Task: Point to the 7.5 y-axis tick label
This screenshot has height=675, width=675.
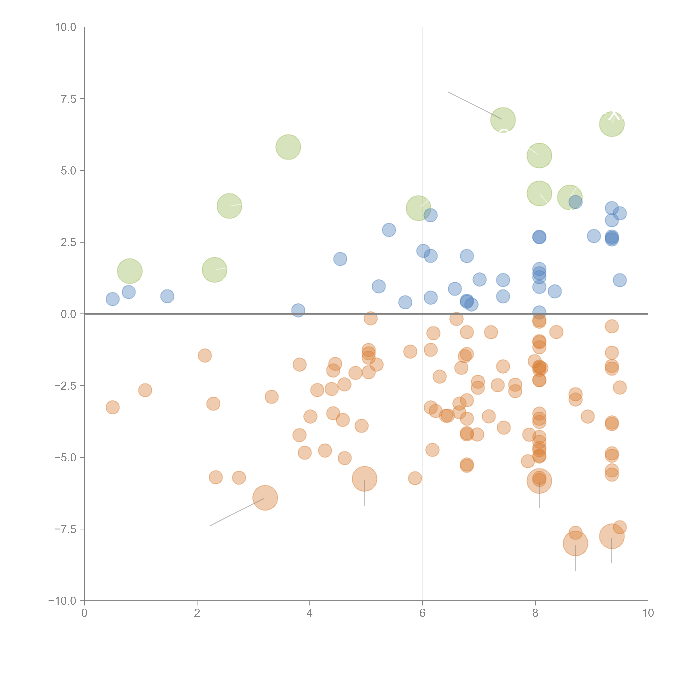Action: pos(68,99)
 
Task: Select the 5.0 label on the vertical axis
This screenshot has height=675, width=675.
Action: pos(68,171)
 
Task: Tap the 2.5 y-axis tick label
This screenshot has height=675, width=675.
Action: pos(68,242)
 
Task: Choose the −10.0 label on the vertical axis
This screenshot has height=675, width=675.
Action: pos(62,601)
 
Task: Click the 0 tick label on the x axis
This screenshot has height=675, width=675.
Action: pos(84,613)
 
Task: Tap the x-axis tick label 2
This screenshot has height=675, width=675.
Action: pos(197,613)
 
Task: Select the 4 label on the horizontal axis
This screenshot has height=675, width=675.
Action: pos(310,613)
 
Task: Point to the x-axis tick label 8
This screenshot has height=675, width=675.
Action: pos(535,613)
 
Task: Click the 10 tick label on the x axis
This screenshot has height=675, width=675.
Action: pos(648,613)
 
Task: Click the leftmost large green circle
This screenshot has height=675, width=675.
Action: pos(130,271)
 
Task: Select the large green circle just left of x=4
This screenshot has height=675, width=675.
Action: pos(288,147)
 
